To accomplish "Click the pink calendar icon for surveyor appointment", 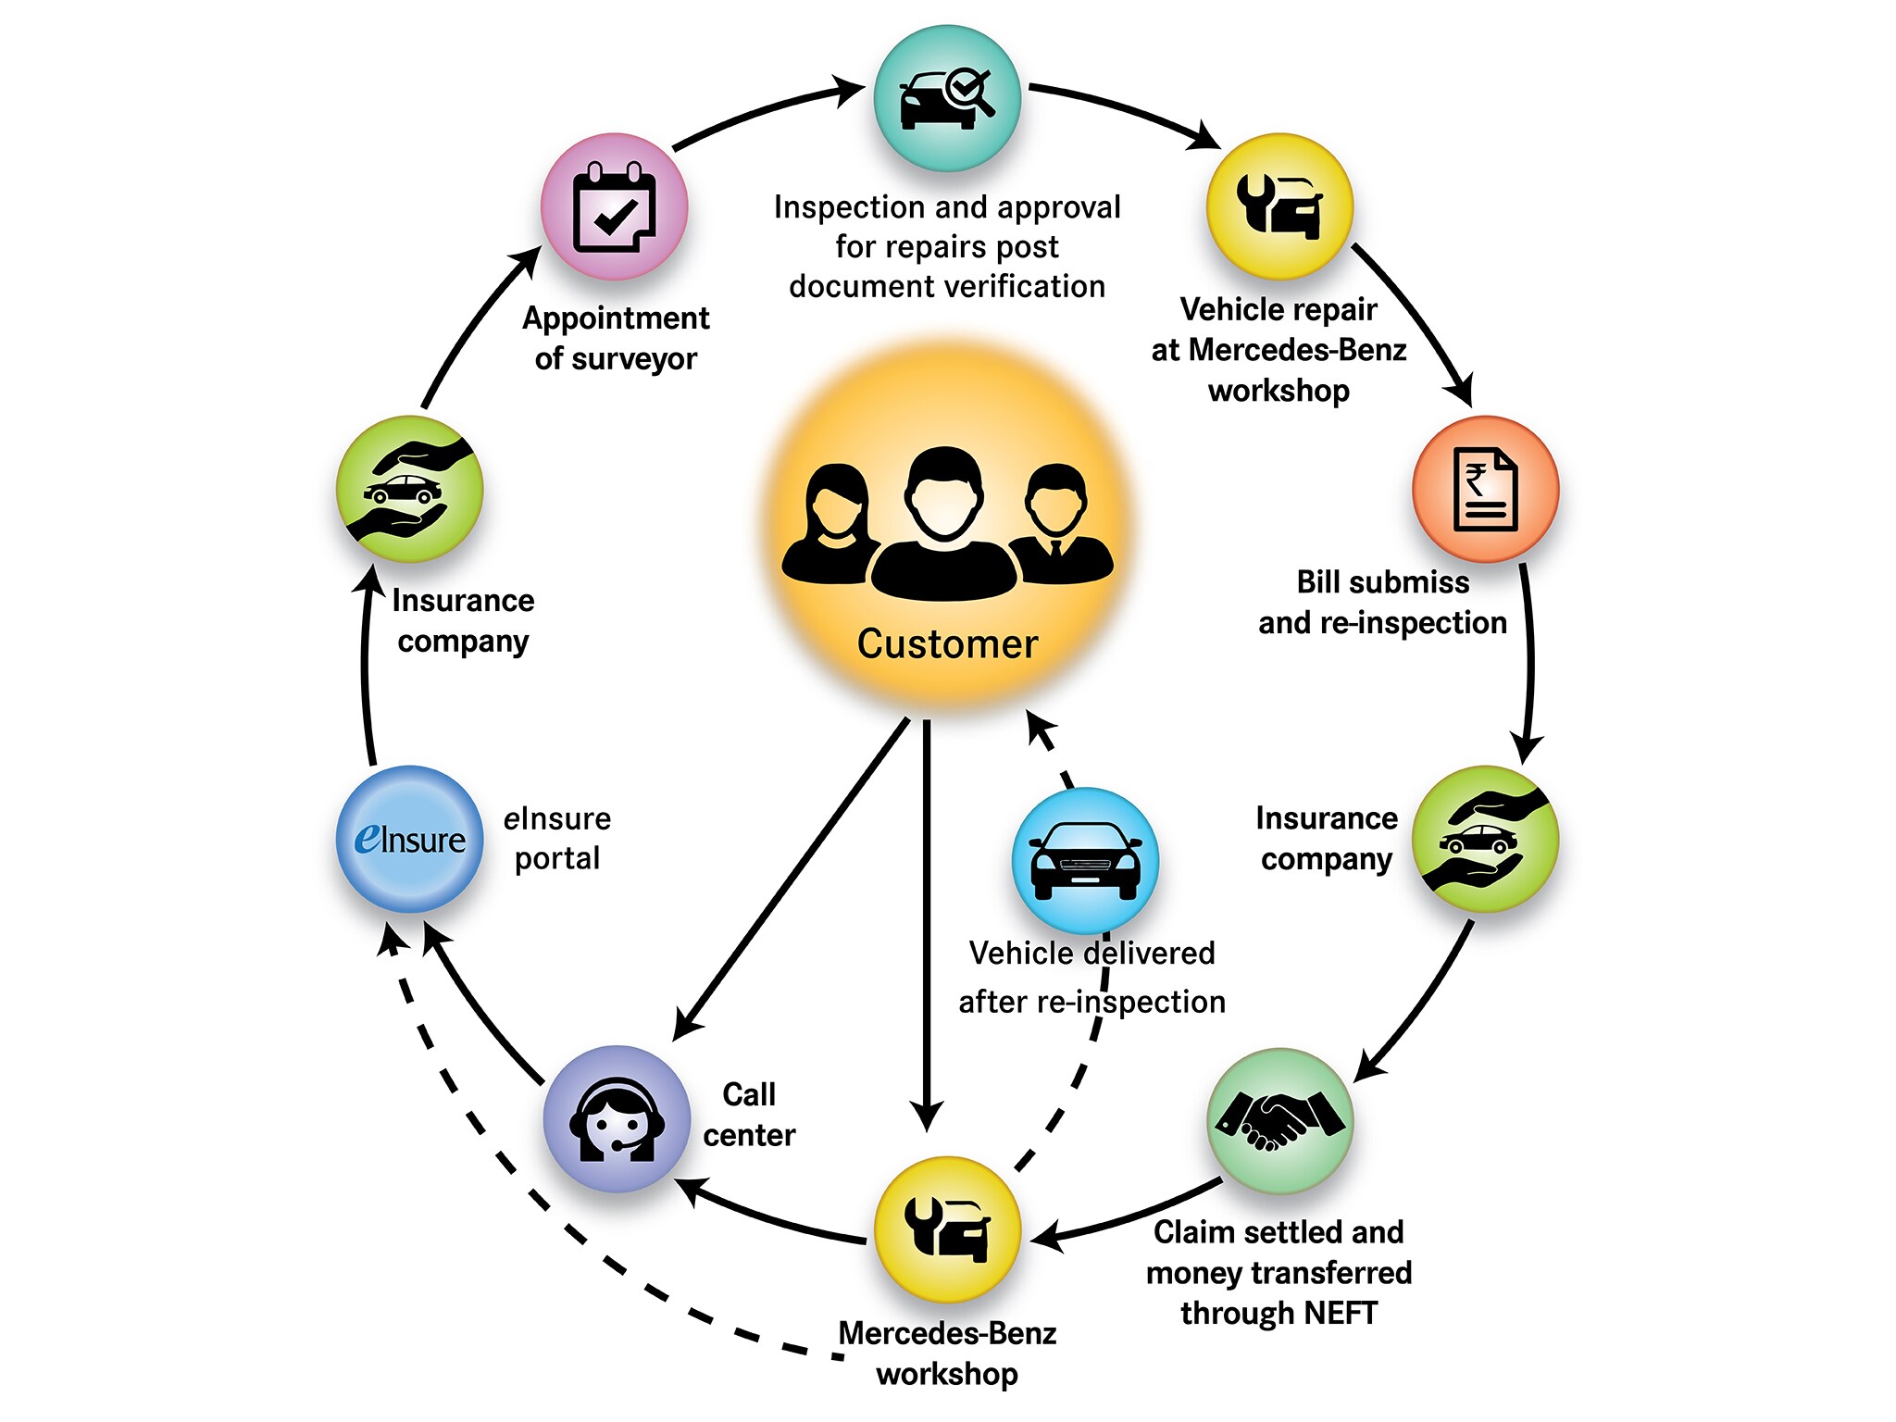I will tap(614, 206).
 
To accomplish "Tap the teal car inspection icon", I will tap(947, 98).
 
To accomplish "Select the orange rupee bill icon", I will tap(1485, 489).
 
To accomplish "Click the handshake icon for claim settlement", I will tap(1280, 1120).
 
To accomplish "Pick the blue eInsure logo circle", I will tap(409, 839).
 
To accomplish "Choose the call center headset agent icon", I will tap(617, 1118).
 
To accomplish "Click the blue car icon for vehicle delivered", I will tap(1086, 860).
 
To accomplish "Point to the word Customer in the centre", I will tap(947, 643).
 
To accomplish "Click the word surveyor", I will tap(634, 358).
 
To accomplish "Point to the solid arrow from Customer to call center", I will tap(792, 879).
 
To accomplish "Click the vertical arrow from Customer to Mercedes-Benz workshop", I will tap(926, 926).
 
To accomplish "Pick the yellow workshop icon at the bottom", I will tap(947, 1229).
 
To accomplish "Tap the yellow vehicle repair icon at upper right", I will tap(1279, 206).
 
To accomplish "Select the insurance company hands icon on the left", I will tap(409, 489).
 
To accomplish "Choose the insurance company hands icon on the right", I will tap(1485, 839).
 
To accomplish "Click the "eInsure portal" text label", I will tap(557, 838).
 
